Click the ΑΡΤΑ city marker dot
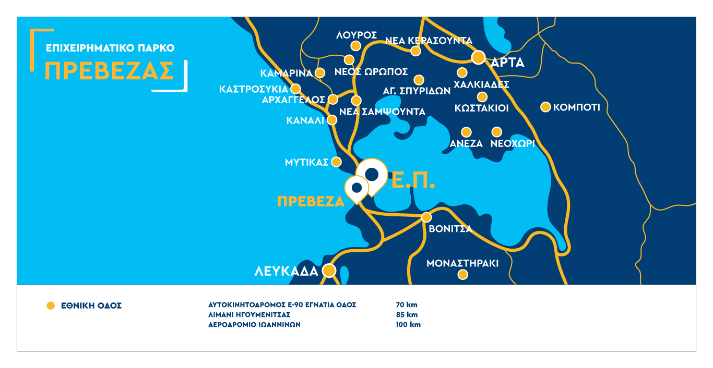(478, 57)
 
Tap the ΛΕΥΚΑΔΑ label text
(286, 271)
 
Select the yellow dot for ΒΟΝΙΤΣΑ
(426, 217)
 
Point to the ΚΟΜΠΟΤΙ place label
(577, 108)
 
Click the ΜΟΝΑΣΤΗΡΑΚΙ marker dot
(462, 275)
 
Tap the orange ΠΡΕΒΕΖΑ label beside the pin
(311, 202)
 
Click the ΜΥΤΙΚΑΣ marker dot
(337, 162)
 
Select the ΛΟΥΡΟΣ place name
(356, 35)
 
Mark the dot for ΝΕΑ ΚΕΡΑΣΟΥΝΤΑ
(415, 51)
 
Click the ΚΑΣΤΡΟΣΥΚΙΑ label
(254, 89)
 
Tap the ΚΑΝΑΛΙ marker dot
(331, 120)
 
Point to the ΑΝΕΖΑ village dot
(466, 132)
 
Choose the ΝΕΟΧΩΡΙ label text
(513, 144)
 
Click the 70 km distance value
(407, 305)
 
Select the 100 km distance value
(408, 324)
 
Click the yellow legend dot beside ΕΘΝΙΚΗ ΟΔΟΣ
(51, 306)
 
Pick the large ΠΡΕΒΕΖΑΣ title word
(109, 70)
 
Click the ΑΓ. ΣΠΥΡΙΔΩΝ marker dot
(419, 80)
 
